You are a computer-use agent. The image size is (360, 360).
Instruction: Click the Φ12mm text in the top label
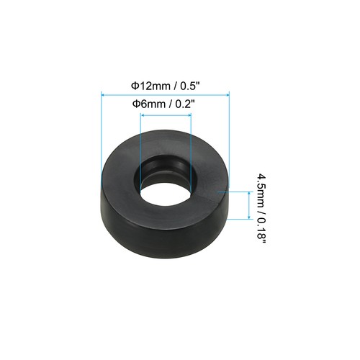point(146,84)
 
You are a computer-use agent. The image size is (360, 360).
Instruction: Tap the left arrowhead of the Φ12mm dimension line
point(105,93)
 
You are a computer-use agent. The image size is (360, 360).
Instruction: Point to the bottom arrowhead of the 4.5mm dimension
point(249,217)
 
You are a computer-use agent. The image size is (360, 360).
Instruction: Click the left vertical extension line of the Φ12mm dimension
point(102,130)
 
